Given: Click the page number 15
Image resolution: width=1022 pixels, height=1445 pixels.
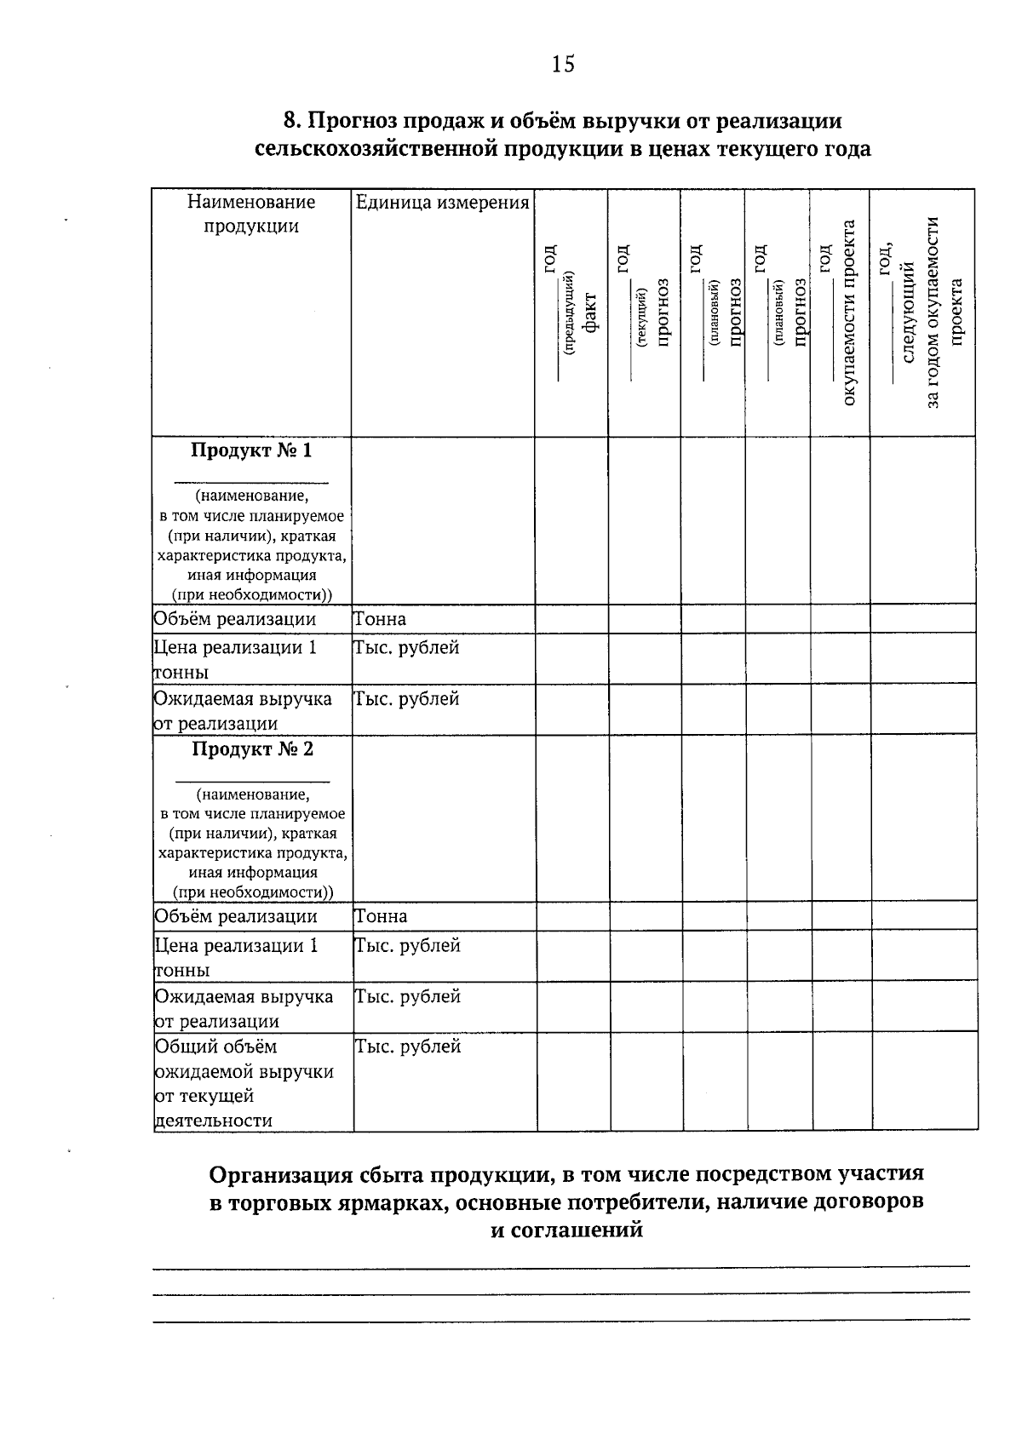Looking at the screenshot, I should [x=563, y=64].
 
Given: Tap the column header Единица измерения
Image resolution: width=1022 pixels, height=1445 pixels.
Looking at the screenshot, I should [x=442, y=203].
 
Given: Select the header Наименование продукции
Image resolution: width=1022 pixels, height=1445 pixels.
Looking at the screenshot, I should [x=251, y=214].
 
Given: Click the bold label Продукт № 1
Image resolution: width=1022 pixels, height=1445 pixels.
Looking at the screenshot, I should [x=251, y=450].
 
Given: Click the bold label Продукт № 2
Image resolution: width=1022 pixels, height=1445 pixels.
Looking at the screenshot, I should [x=252, y=748].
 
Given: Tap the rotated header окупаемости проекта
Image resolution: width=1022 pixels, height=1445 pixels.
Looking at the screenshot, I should [x=848, y=313].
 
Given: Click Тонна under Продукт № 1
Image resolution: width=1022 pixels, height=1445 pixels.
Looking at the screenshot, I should [x=380, y=619].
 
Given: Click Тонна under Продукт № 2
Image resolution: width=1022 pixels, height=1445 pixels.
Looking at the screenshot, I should [x=381, y=917].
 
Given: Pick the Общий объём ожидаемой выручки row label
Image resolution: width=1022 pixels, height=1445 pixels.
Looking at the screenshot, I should [x=244, y=1083].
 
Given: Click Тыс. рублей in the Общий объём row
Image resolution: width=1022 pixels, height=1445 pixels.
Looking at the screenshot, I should [x=407, y=1046].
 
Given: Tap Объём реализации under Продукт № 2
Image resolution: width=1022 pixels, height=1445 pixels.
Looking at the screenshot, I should [x=236, y=917].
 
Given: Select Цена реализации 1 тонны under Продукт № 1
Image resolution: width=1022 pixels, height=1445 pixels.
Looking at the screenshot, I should [x=235, y=659].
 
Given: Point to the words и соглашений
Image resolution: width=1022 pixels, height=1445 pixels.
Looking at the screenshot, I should [x=566, y=1230].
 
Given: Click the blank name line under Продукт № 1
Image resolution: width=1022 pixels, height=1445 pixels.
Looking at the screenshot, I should [x=251, y=481].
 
